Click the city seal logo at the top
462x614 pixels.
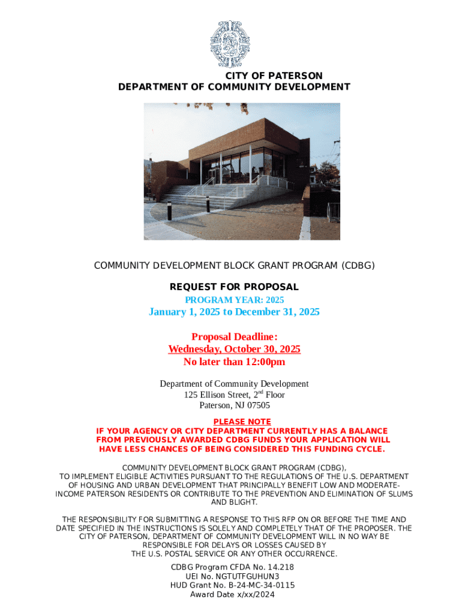(x=230, y=44)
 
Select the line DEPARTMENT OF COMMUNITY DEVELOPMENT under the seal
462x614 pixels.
(x=234, y=87)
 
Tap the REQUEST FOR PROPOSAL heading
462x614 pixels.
(x=234, y=287)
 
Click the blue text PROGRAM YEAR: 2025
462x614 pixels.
(x=234, y=300)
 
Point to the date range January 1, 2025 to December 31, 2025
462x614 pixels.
(x=234, y=312)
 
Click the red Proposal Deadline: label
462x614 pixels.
(x=234, y=337)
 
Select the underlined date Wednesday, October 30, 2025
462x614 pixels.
(x=234, y=350)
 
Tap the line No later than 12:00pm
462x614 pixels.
(x=234, y=362)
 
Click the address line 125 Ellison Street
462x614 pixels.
(x=234, y=395)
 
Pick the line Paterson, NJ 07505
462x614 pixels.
(x=234, y=405)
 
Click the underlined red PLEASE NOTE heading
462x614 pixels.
(x=242, y=422)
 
